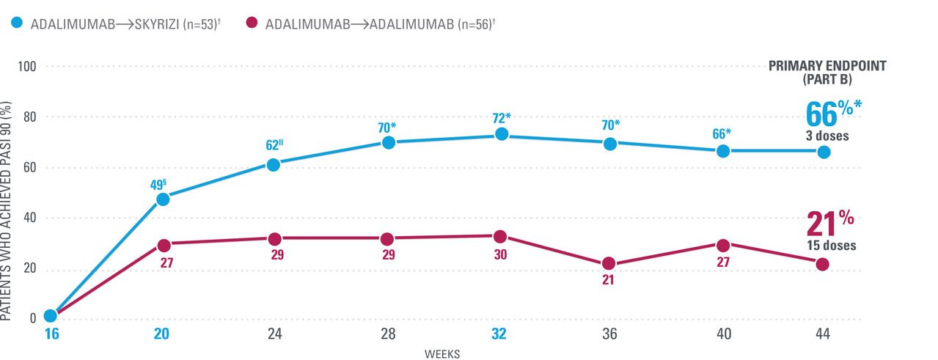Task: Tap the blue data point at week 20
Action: tap(163, 199)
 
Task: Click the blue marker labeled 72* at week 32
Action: tap(502, 134)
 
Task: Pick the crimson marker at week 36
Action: tap(608, 264)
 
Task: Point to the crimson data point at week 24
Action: tap(275, 239)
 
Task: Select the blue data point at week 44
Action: tap(824, 152)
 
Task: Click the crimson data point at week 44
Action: tap(822, 264)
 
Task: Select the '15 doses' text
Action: tap(831, 246)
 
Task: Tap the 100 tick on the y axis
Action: tap(28, 67)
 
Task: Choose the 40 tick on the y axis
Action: tap(31, 218)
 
